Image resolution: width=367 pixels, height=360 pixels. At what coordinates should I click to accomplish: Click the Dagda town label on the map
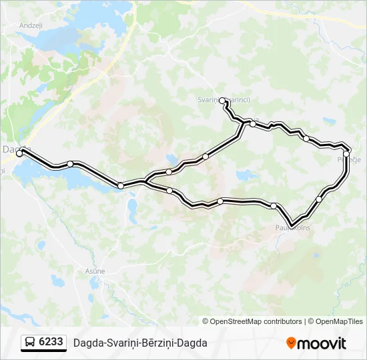tap(15, 149)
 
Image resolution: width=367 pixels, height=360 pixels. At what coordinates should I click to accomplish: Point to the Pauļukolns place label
tap(292, 228)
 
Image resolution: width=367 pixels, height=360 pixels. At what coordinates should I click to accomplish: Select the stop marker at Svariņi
tap(222, 101)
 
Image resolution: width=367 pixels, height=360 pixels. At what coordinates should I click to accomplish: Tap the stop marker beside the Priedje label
tap(346, 153)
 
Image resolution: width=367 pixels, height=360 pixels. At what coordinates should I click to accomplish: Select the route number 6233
tap(51, 342)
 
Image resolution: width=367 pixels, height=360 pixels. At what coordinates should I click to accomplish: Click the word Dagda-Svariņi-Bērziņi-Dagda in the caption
tap(140, 343)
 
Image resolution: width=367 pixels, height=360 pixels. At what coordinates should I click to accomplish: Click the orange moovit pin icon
tap(291, 343)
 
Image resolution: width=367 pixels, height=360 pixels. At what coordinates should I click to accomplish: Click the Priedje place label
tap(349, 160)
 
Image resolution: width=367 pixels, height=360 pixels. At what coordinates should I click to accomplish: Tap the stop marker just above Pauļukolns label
tap(274, 205)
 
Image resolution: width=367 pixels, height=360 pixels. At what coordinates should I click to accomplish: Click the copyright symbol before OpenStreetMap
tap(206, 321)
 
